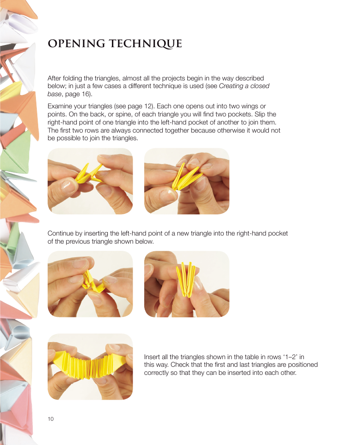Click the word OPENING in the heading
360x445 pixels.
point(76,44)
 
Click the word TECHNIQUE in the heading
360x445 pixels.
point(146,44)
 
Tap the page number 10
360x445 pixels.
point(50,419)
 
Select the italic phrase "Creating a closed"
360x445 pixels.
point(244,86)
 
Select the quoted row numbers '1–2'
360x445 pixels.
point(289,357)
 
